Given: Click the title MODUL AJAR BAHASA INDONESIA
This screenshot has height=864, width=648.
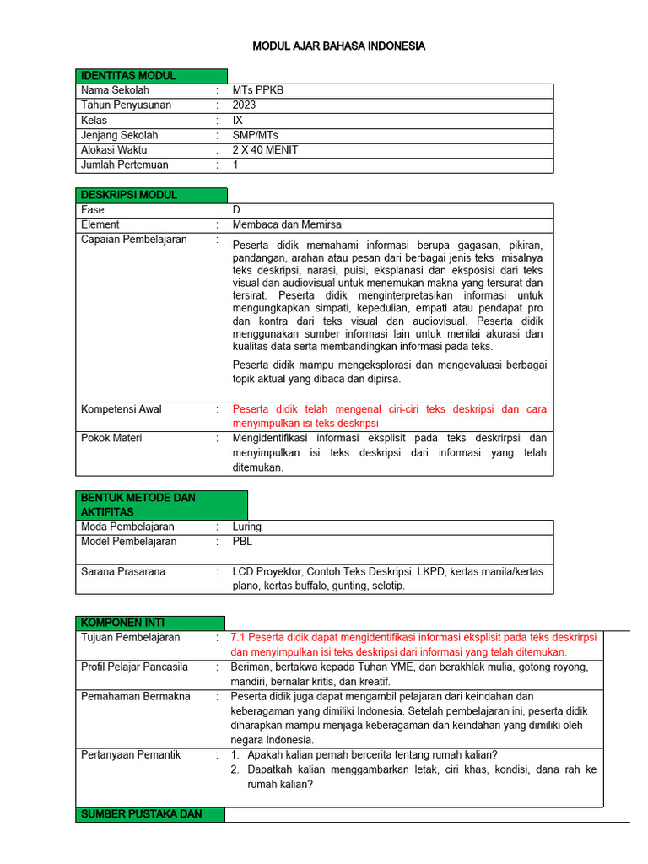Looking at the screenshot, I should point(338,46).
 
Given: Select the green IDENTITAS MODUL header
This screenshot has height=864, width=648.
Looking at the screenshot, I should point(128,76).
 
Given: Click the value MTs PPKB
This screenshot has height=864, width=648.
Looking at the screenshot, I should point(252,90).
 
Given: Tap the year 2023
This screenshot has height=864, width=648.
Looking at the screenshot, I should point(245,105).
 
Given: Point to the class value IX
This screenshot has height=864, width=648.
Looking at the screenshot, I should point(238,121).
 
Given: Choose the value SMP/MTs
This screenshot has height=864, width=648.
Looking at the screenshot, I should point(255,135).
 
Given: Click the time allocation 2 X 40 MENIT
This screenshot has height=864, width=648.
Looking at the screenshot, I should point(265,150).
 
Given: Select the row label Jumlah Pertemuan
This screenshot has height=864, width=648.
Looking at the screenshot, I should point(124,165).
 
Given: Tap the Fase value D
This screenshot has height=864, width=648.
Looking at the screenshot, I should point(236,209).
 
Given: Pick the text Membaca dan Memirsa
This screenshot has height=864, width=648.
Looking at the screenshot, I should point(287,224).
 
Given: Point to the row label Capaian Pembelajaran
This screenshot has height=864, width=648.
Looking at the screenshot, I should point(133,240).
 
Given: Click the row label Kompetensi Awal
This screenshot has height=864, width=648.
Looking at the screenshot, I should point(121,409).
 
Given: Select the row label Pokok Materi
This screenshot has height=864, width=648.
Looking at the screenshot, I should point(111,439).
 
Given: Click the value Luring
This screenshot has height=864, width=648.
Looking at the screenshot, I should point(247,526).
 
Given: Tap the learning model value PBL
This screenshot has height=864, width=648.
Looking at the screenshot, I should point(242,542).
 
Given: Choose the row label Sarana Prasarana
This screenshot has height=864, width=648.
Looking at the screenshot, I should point(122,571).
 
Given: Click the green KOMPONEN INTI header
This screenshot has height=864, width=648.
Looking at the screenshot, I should point(123,623).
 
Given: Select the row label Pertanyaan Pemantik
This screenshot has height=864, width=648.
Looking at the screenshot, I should point(131,754).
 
